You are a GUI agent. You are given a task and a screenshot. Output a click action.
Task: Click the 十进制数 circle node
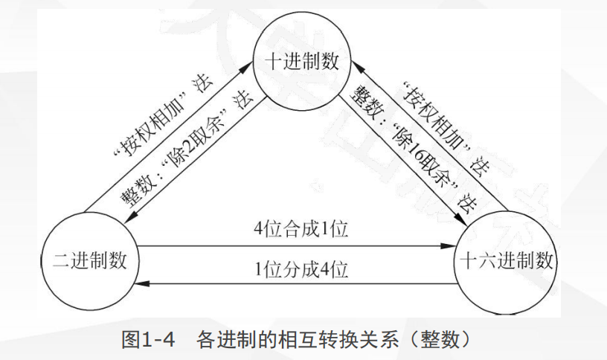click(x=301, y=62)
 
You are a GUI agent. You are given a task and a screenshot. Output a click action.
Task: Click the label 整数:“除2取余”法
click(x=186, y=152)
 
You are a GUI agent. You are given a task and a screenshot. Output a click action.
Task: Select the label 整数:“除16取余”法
click(x=413, y=152)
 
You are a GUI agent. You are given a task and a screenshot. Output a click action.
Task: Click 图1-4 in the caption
click(x=147, y=340)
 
